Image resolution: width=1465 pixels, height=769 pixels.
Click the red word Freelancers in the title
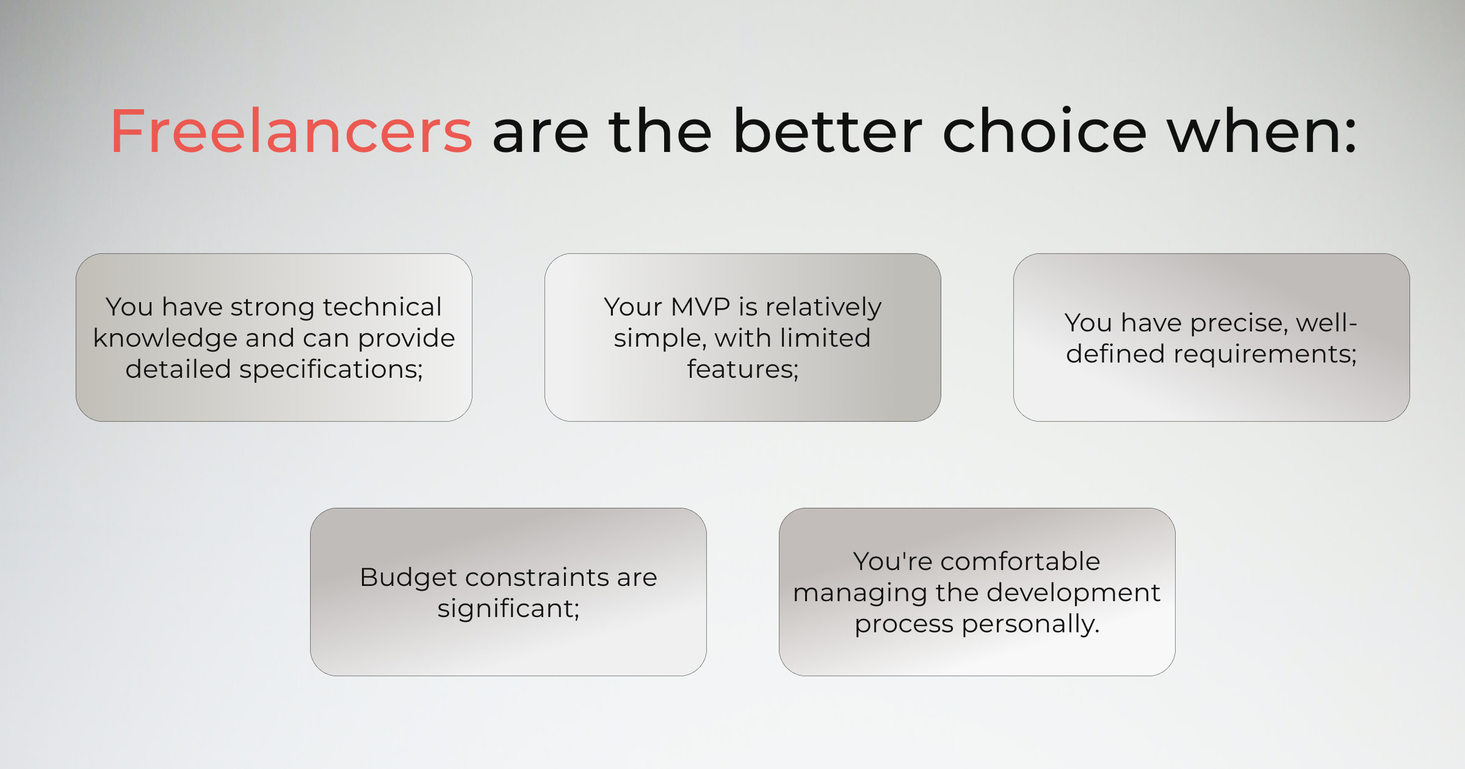(x=292, y=131)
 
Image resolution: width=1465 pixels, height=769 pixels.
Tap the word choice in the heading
(x=1044, y=131)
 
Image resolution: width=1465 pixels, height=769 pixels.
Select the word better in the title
(x=828, y=131)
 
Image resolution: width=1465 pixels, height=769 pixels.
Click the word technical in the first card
(x=382, y=306)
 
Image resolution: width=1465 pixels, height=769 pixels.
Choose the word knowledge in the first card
(x=165, y=338)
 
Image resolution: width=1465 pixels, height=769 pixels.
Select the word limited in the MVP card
(x=823, y=338)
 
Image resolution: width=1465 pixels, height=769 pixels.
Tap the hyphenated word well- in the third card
(x=1326, y=322)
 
